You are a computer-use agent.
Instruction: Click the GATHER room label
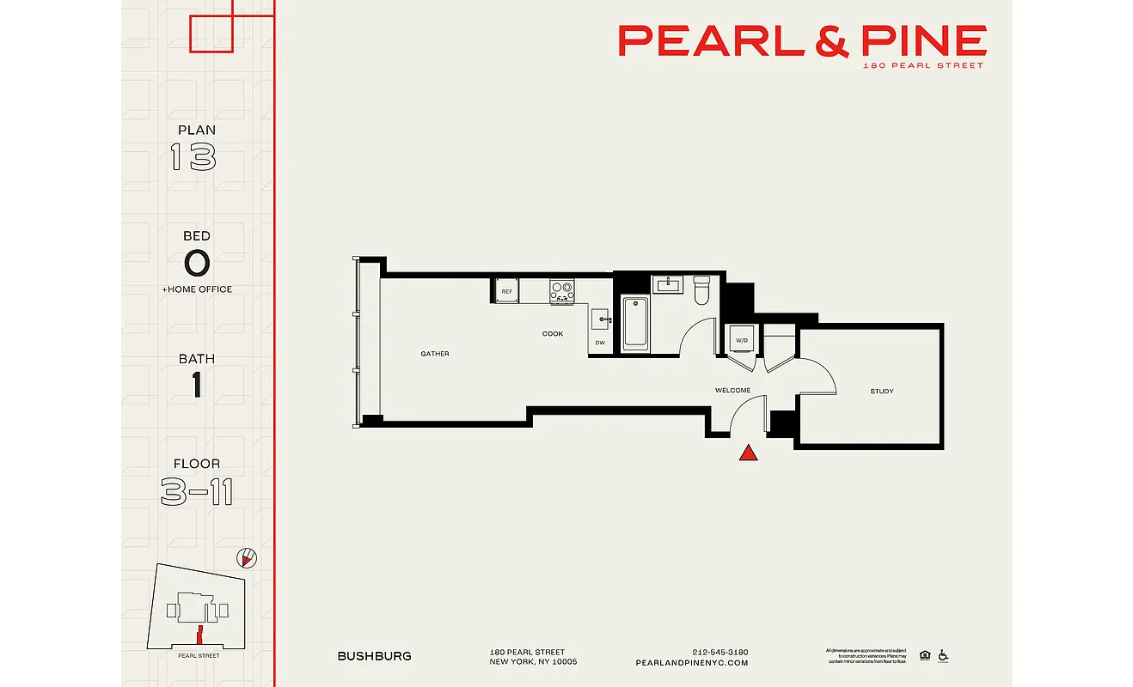click(434, 354)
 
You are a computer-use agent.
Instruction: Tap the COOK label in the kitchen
click(553, 334)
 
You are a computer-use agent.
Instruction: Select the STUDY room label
click(881, 392)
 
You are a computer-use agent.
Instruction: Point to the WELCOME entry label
click(732, 391)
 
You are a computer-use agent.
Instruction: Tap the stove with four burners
click(562, 291)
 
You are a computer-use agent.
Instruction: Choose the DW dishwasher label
click(599, 343)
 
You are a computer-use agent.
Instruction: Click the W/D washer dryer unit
click(740, 340)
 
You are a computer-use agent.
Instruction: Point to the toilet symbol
click(701, 290)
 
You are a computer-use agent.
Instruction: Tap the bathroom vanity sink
click(666, 284)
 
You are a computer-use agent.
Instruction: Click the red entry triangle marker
click(749, 453)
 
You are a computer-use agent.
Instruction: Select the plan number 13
click(193, 157)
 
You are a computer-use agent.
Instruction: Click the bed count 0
click(196, 263)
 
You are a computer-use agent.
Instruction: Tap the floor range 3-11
click(196, 492)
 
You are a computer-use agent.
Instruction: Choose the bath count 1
click(197, 386)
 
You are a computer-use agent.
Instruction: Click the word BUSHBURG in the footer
click(374, 656)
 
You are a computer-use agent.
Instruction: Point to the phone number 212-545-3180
click(720, 652)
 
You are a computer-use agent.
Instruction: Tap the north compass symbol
click(247, 559)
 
